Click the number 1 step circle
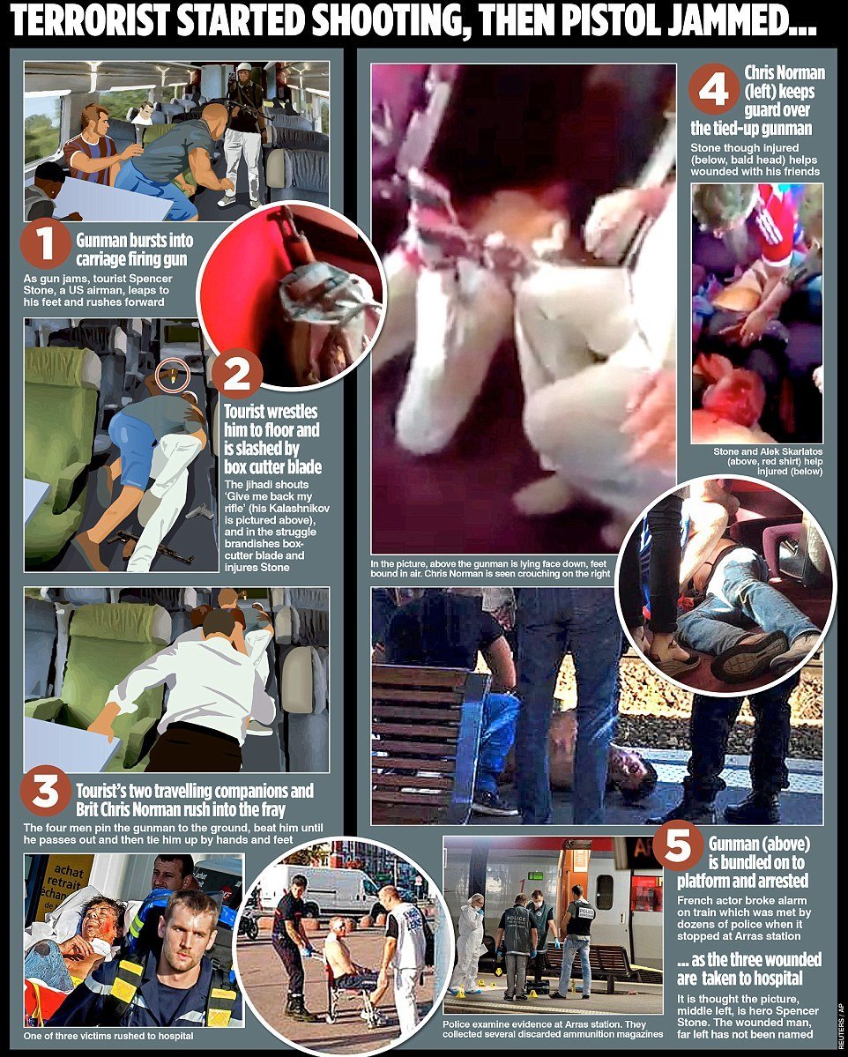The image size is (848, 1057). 44,244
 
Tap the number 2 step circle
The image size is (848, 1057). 236,374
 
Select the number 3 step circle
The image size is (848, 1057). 45,791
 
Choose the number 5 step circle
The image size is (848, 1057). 678,845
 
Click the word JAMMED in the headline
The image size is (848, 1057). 742,21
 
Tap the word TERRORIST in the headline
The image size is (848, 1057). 90,21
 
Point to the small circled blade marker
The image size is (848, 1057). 173,376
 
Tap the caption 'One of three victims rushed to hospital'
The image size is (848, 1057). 108,1036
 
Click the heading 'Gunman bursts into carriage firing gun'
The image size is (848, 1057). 135,249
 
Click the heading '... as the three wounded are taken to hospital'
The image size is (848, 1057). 749,969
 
